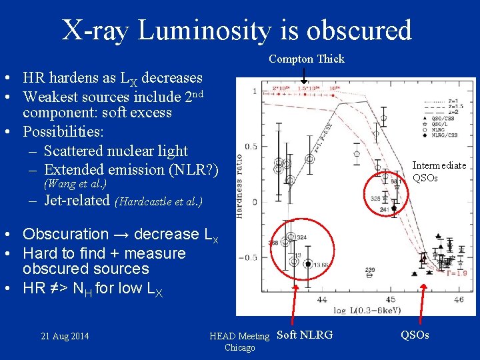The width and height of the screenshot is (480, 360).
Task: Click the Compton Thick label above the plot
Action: (307, 59)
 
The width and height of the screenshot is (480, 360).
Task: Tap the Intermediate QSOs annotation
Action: (439, 171)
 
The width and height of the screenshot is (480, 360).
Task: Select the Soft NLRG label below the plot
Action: (304, 335)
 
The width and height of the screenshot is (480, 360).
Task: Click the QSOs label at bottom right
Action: (415, 335)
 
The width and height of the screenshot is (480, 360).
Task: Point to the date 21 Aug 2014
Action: (65, 335)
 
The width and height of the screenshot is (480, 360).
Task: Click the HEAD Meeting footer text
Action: (239, 336)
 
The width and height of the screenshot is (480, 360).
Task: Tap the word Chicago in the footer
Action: (239, 347)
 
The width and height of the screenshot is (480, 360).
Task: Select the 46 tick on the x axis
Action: (458, 301)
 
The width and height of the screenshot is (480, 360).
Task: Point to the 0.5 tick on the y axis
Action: (251, 147)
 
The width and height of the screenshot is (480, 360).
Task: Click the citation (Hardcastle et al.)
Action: (159, 201)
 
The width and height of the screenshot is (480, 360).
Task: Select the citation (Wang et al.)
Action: (75, 183)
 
